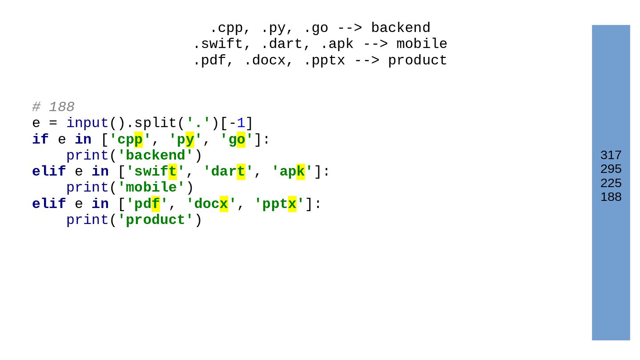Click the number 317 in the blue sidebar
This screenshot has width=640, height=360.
(611, 155)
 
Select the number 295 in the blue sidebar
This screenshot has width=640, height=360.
(611, 169)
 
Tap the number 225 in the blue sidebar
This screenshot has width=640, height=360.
(611, 183)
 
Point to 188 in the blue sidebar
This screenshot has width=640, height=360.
(611, 197)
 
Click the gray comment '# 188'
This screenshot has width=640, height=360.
(53, 107)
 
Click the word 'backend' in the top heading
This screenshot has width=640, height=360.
(400, 28)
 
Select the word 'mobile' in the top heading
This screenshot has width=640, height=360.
(422, 44)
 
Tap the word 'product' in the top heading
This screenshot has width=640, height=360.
(417, 60)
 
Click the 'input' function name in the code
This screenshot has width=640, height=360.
(88, 123)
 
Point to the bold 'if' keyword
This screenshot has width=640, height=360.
(40, 140)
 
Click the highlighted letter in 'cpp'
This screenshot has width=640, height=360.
(139, 140)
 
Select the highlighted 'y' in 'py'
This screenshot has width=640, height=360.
(190, 140)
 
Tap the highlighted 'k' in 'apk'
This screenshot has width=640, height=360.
(300, 172)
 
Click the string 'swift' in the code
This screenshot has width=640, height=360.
(152, 172)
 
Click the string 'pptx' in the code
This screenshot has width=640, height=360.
(279, 204)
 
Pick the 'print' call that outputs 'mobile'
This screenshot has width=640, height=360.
(88, 188)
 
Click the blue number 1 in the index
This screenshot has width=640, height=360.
(240, 123)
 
